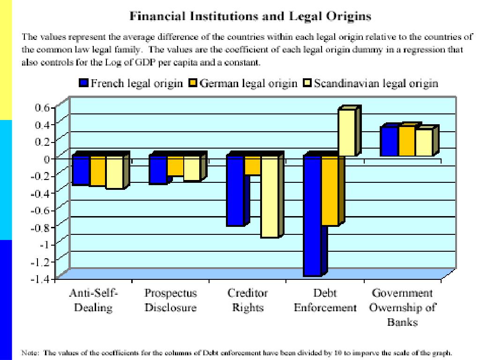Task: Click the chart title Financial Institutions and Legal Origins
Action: tap(250, 16)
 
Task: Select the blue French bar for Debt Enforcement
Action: tap(313, 216)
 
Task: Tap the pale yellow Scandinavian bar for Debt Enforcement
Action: tap(347, 132)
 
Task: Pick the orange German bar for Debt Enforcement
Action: tap(330, 190)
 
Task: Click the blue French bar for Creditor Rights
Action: tap(235, 190)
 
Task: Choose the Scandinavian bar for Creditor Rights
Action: tap(270, 196)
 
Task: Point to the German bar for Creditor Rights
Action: tap(253, 165)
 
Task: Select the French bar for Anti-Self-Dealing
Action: tap(81, 170)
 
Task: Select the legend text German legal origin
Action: tap(248, 84)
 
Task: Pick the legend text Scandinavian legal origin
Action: tap(376, 84)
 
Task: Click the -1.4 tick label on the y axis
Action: tap(42, 278)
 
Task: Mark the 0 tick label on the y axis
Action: tap(47, 158)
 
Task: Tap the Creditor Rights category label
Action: tap(247, 300)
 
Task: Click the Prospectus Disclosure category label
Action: tap(171, 300)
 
